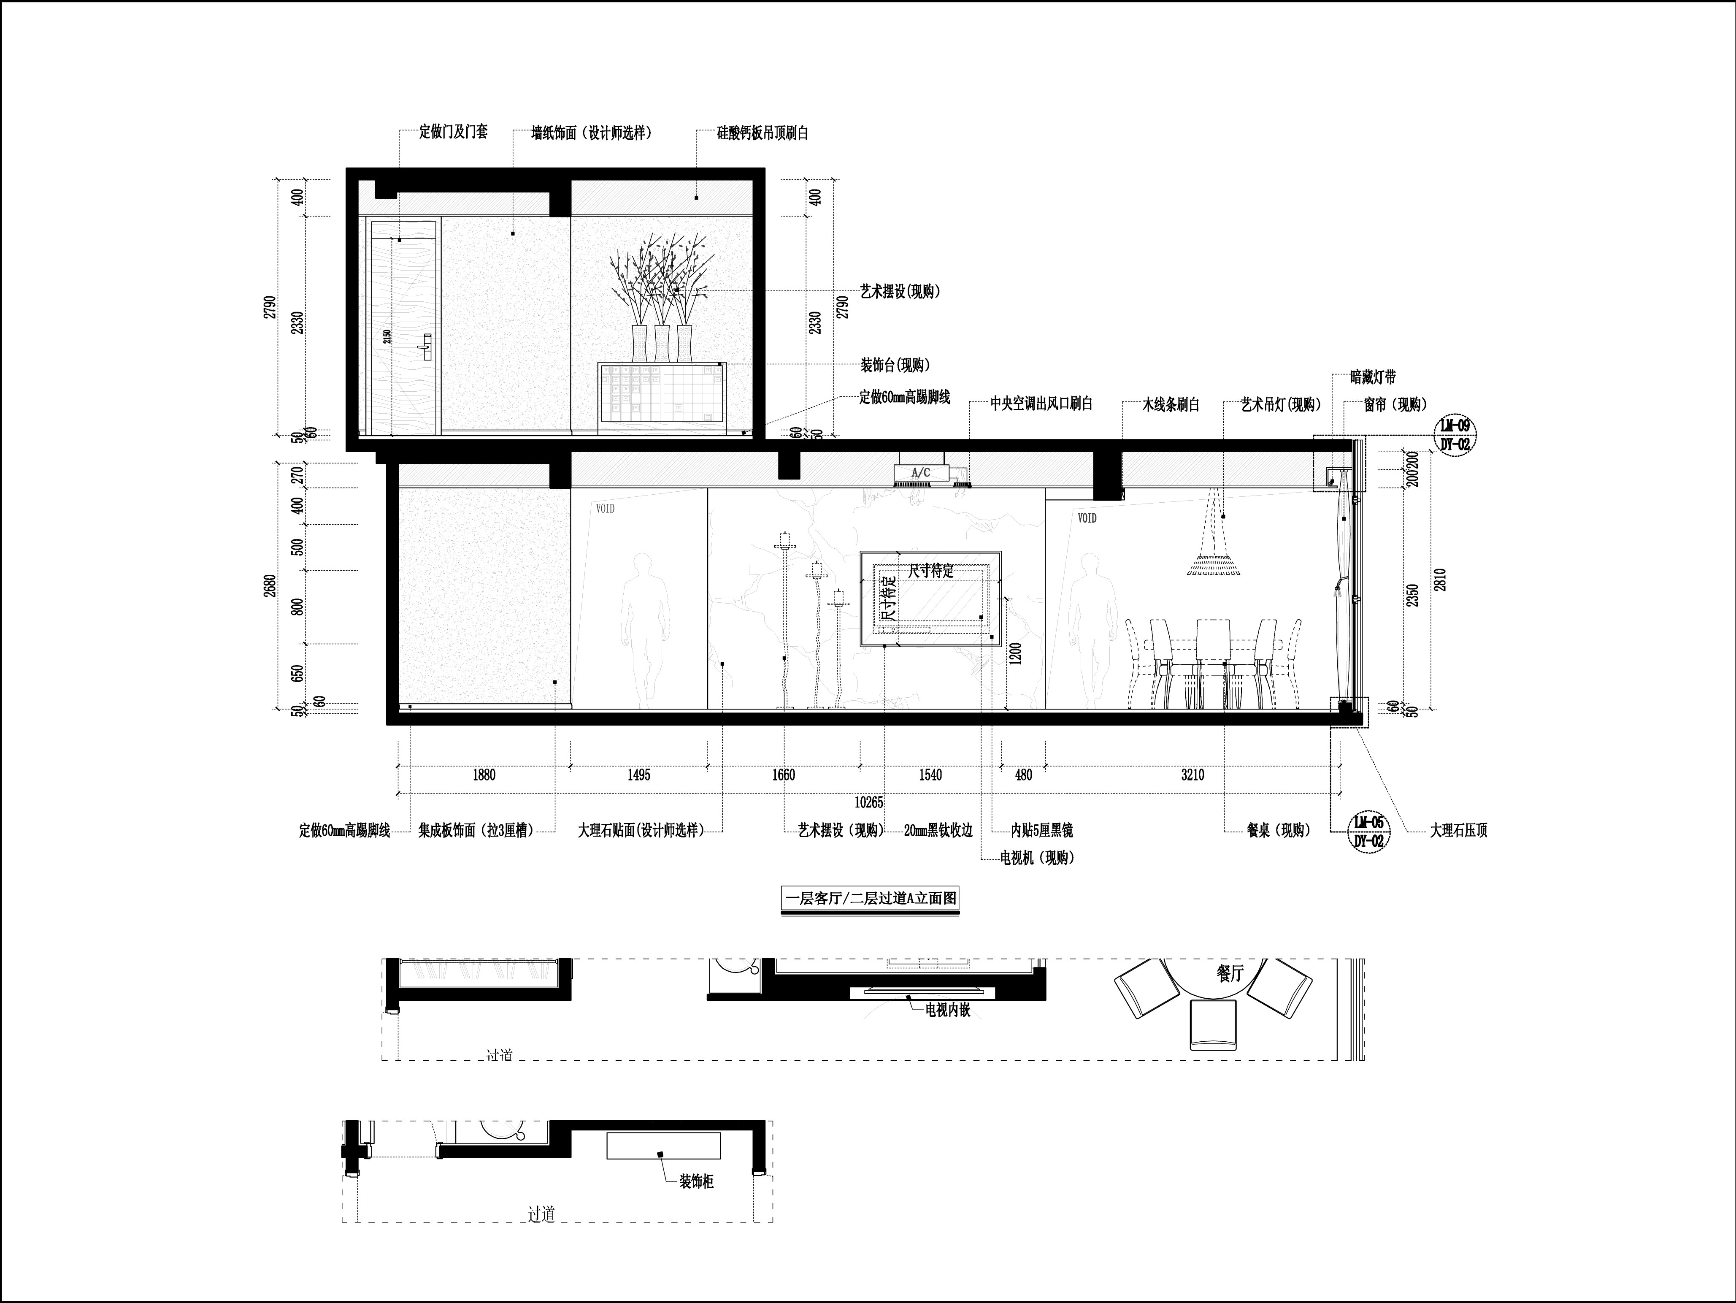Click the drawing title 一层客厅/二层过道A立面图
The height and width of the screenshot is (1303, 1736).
click(x=870, y=898)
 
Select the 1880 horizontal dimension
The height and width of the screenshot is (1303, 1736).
click(x=484, y=775)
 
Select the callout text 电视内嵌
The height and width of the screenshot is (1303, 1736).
click(x=948, y=1010)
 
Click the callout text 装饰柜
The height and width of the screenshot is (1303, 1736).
click(x=697, y=1203)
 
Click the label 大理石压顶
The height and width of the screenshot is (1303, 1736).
click(x=1458, y=830)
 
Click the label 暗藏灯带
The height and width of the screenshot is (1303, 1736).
click(x=1374, y=377)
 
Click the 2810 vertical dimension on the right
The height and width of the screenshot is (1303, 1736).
click(x=1439, y=579)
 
